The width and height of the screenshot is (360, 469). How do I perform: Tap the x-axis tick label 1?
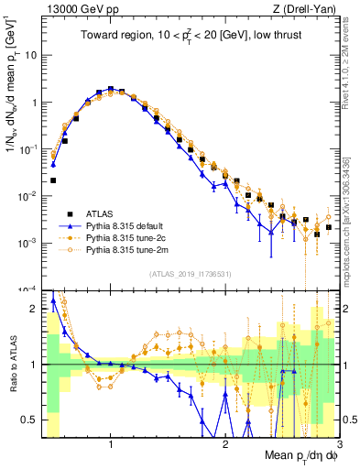pos(111,443)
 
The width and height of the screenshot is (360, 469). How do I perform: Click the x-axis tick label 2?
pos(225,443)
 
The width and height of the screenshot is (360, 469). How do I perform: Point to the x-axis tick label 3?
pos(339,443)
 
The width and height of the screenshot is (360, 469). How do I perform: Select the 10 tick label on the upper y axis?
pos(31,55)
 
